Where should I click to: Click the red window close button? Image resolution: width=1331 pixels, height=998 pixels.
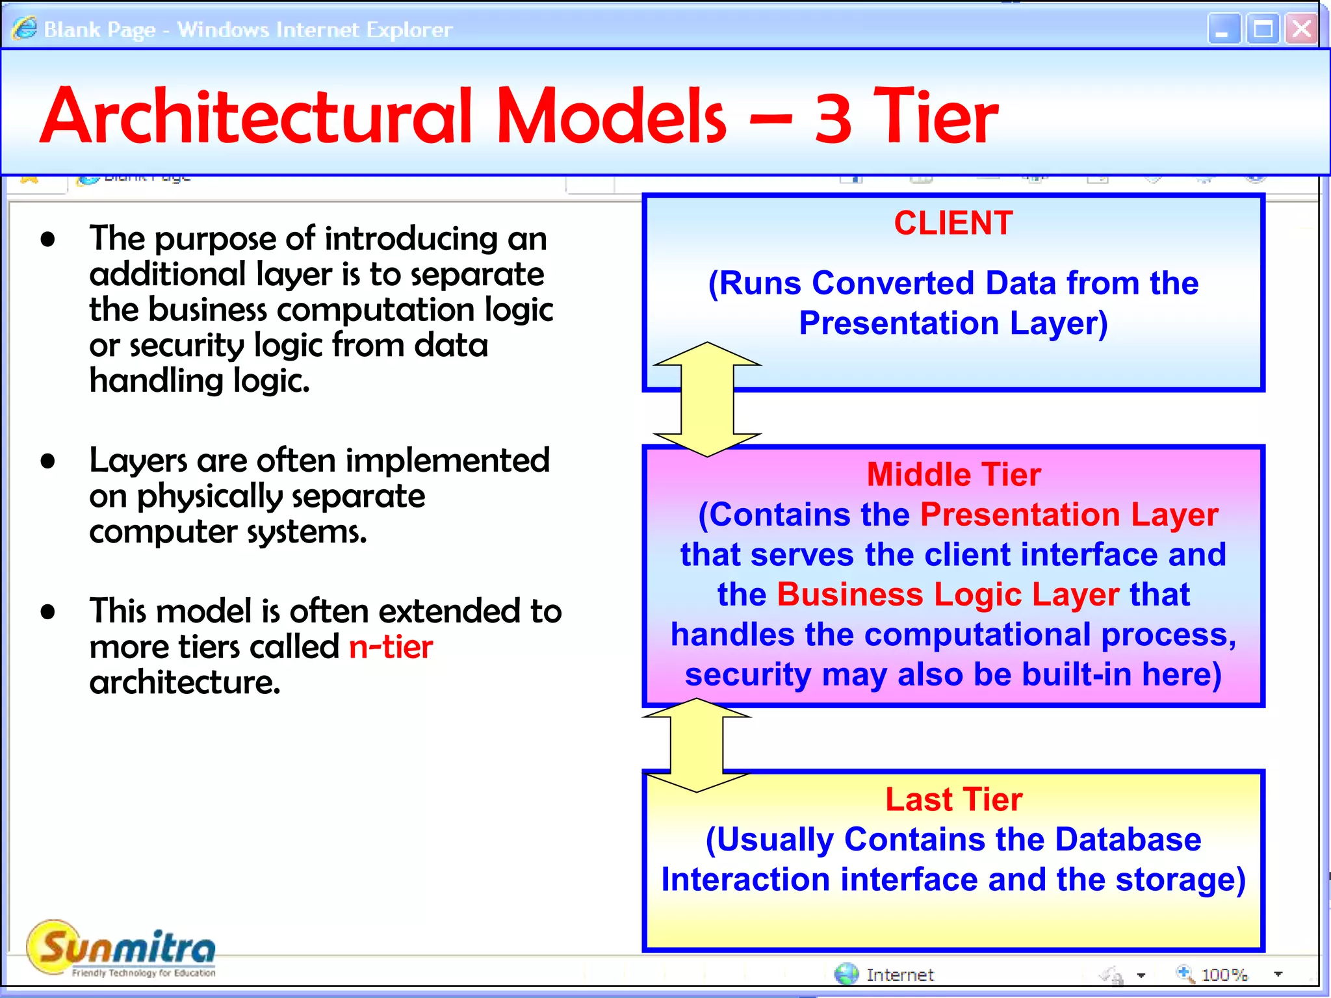point(1301,29)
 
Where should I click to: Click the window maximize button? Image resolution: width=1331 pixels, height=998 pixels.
point(1263,29)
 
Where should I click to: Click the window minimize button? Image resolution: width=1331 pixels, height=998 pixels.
point(1224,29)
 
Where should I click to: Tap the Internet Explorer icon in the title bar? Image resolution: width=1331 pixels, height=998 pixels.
point(25,29)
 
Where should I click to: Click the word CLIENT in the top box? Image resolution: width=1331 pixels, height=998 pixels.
point(953,224)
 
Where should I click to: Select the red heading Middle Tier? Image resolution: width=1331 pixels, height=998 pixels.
point(953,474)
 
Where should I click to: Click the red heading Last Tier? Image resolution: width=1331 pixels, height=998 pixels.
point(953,799)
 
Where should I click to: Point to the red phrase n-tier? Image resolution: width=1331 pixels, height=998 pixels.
point(391,647)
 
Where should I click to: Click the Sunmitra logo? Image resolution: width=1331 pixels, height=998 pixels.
point(122,949)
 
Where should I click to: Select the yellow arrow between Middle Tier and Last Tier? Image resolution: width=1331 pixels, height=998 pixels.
point(697,745)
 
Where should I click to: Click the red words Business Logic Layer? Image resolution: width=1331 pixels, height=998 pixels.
point(948,595)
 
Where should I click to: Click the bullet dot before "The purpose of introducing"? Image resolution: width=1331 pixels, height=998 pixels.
point(47,239)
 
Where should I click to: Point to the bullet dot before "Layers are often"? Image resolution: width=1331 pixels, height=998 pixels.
point(47,461)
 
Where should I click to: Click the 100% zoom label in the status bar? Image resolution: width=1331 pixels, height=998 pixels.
point(1224,975)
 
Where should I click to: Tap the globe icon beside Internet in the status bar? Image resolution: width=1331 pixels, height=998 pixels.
point(846,974)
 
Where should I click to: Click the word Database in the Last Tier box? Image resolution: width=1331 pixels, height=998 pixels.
point(1128,839)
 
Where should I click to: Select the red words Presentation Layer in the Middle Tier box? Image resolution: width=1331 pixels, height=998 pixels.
point(1069,515)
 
